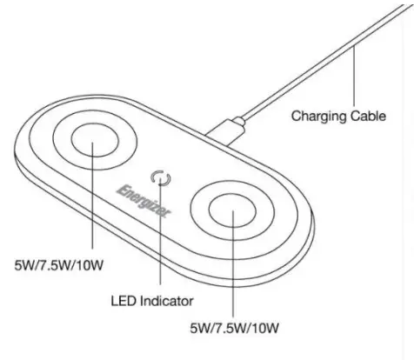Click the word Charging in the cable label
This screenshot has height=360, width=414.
click(x=317, y=114)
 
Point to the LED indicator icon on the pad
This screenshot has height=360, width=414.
click(x=159, y=178)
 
